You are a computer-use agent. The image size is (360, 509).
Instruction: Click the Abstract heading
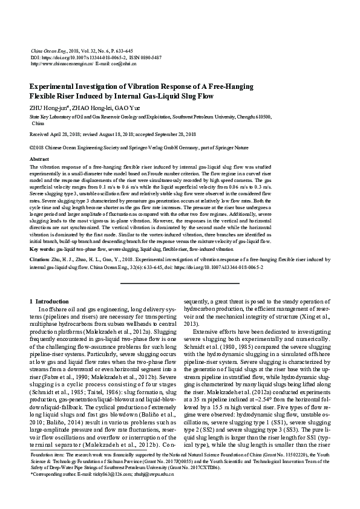[x=39, y=159]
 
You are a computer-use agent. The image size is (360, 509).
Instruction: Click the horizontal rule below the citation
[x=180, y=283]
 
